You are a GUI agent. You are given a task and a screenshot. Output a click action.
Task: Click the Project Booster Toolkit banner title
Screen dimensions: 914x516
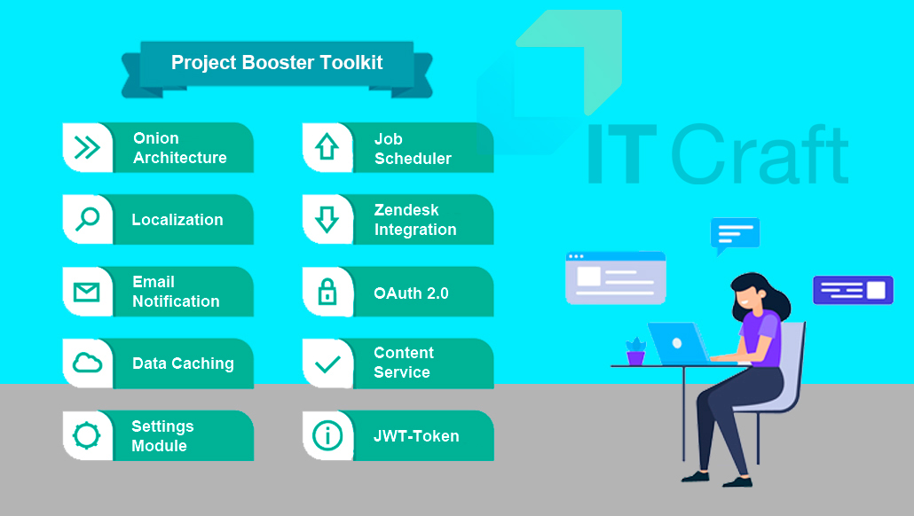(x=277, y=62)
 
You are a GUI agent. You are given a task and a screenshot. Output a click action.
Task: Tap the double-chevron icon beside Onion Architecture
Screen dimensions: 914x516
(x=87, y=147)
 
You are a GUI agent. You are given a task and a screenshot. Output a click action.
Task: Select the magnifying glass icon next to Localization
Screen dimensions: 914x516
(x=88, y=220)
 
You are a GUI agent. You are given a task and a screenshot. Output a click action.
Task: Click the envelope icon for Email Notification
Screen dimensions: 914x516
(x=86, y=292)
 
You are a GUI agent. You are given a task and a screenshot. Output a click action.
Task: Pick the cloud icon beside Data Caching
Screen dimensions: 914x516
(x=87, y=363)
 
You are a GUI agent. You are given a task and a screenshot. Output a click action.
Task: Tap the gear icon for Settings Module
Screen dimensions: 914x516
(x=86, y=435)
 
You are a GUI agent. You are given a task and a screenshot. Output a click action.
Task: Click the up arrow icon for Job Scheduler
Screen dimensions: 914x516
(x=327, y=147)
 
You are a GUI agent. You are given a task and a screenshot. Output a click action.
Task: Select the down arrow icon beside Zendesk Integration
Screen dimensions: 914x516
(x=327, y=220)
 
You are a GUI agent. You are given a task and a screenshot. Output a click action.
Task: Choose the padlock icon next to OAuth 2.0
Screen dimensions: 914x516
(x=327, y=291)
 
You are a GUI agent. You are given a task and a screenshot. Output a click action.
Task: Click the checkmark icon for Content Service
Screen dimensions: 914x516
(x=327, y=364)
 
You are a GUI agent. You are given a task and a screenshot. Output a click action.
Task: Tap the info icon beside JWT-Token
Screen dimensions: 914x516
(x=327, y=435)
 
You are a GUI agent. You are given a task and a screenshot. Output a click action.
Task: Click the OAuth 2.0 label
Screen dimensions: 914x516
(x=411, y=293)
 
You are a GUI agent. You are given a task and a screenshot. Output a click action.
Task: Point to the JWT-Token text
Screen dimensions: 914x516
(x=416, y=435)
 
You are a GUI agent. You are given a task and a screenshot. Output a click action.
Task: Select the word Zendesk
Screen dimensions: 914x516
(x=406, y=209)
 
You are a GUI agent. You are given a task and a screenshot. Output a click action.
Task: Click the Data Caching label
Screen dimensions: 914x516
(x=183, y=364)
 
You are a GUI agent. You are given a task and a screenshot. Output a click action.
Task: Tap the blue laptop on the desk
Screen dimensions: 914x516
(x=679, y=343)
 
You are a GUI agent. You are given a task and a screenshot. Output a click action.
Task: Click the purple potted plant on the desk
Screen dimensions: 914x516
(x=635, y=351)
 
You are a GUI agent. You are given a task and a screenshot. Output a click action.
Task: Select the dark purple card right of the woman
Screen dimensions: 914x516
(x=853, y=290)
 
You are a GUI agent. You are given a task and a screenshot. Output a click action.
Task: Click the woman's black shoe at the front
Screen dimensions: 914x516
(x=737, y=481)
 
